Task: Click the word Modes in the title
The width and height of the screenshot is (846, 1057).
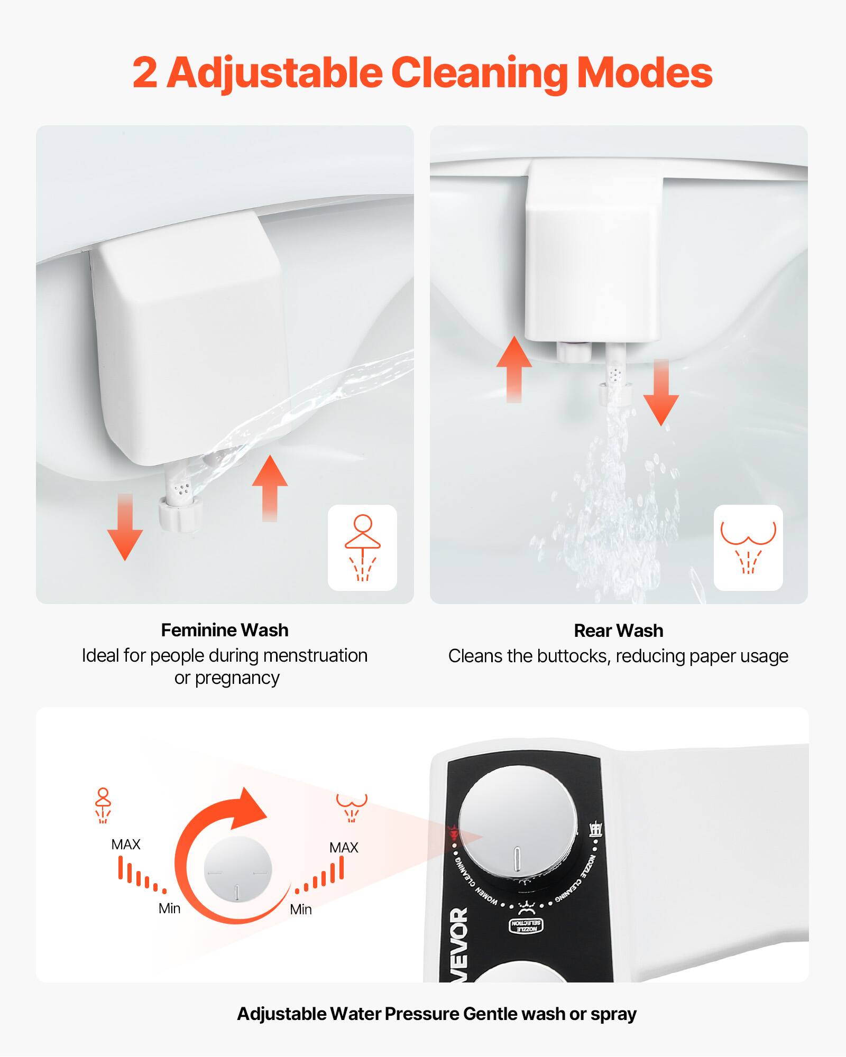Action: tap(644, 73)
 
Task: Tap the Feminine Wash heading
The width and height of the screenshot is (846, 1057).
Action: tap(225, 630)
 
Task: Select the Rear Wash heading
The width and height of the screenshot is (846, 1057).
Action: tap(618, 631)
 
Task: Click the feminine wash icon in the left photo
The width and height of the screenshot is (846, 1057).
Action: tap(362, 548)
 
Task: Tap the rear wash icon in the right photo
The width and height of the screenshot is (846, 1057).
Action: tap(748, 548)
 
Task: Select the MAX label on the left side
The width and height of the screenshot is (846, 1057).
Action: tap(126, 845)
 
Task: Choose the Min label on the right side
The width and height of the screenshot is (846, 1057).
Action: tap(300, 910)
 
